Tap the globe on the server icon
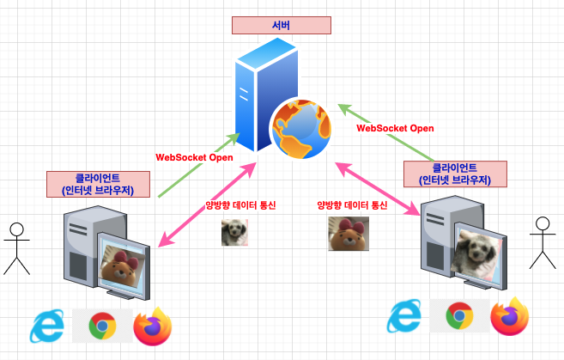[300, 130]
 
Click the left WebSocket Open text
[193, 158]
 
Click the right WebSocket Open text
[395, 128]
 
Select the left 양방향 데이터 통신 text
[240, 205]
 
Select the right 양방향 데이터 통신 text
[352, 205]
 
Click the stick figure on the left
[15, 248]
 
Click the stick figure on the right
[541, 242]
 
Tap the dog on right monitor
[477, 253]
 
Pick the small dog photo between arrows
[235, 232]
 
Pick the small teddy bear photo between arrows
[349, 233]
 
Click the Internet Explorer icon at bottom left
[48, 326]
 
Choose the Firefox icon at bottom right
[510, 316]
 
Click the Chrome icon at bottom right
[458, 317]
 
